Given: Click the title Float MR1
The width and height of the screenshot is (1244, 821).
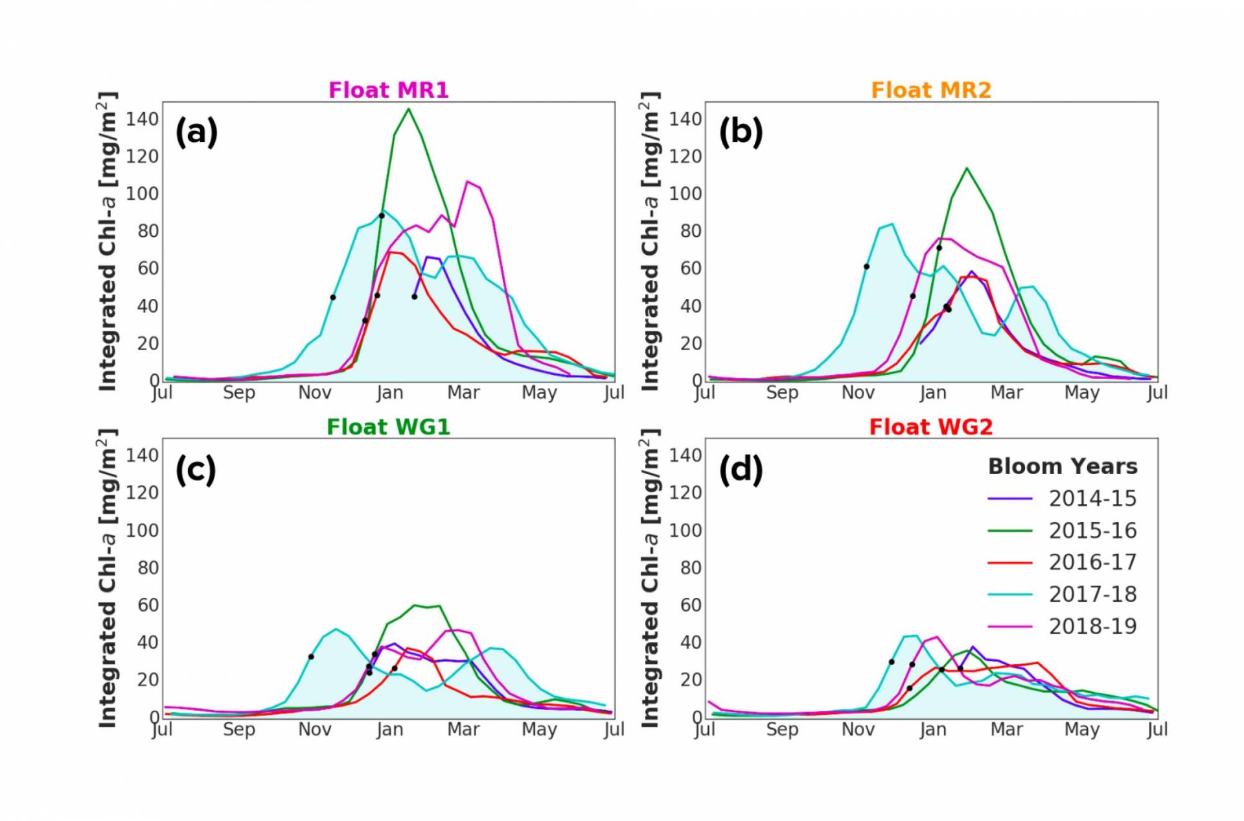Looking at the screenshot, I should (388, 90).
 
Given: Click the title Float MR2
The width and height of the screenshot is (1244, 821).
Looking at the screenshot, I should (930, 90).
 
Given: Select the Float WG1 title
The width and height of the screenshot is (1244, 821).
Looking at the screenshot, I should (388, 427).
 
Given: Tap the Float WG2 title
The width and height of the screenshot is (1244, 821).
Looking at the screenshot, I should (930, 427).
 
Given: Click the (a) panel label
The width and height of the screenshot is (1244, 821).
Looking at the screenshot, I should (196, 132).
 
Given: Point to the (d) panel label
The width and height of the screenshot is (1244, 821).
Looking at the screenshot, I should (741, 469).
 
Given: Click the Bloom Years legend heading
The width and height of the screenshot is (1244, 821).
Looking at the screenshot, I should (1063, 466).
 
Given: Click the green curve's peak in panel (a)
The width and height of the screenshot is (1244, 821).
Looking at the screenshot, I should (408, 109).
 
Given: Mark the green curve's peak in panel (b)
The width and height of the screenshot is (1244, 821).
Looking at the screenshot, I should (967, 169).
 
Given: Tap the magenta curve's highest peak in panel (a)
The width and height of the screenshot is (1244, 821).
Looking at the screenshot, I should (468, 182).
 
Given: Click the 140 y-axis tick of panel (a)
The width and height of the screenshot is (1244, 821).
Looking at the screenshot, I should (142, 119).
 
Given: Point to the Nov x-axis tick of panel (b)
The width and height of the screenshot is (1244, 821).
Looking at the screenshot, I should (858, 392).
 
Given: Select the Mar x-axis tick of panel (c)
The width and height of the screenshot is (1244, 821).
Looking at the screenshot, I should (463, 730).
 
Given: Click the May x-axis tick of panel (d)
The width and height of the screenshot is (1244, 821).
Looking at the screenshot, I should (1081, 730).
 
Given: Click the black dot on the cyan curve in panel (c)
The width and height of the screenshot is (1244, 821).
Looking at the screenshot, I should (311, 657).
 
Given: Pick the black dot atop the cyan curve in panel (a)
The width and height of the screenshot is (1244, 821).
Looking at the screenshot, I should (382, 216).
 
